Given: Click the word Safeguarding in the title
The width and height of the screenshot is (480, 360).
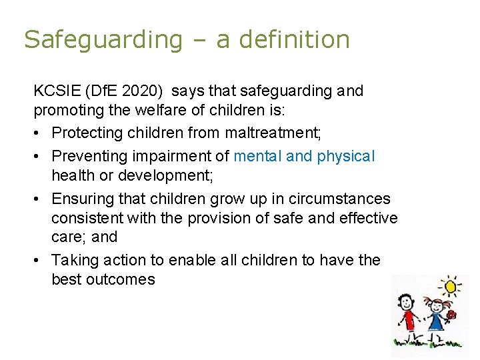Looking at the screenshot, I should click(x=103, y=40).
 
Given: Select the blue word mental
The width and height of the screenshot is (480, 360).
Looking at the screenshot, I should click(x=257, y=156).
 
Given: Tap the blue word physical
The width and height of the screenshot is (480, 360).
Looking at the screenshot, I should click(x=346, y=156).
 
